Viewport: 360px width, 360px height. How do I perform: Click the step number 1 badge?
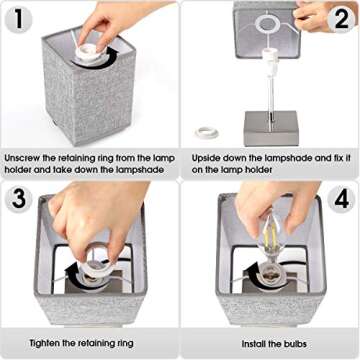pos(19,19)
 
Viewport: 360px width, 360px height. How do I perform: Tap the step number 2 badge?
pos(342,19)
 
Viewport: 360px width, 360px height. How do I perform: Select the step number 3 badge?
pos(19,198)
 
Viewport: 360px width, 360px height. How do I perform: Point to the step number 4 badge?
pos(342,199)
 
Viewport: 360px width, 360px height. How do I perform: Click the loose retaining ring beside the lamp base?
pos(207,133)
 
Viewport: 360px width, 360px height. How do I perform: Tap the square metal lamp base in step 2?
pos(271,128)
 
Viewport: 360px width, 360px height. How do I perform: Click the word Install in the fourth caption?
pos(255,344)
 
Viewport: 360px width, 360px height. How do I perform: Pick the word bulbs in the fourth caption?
pos(295,344)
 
